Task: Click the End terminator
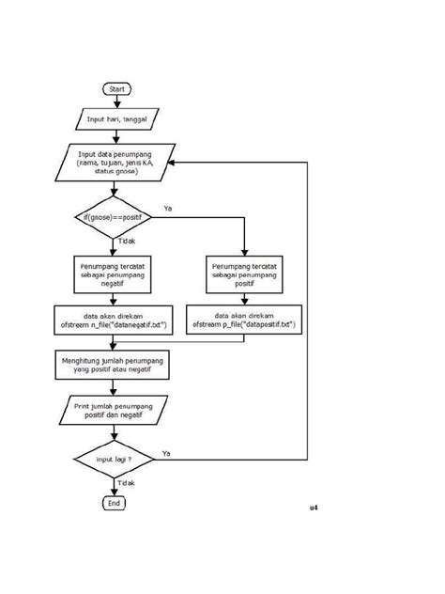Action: [114, 503]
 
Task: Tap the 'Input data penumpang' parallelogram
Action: [114, 162]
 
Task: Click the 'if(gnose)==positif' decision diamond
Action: [114, 218]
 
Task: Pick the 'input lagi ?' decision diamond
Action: [114, 460]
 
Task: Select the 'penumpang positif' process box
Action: [244, 276]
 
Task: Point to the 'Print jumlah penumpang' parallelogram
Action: [114, 410]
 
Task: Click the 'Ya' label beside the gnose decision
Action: [168, 207]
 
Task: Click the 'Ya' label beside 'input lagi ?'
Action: [166, 453]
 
